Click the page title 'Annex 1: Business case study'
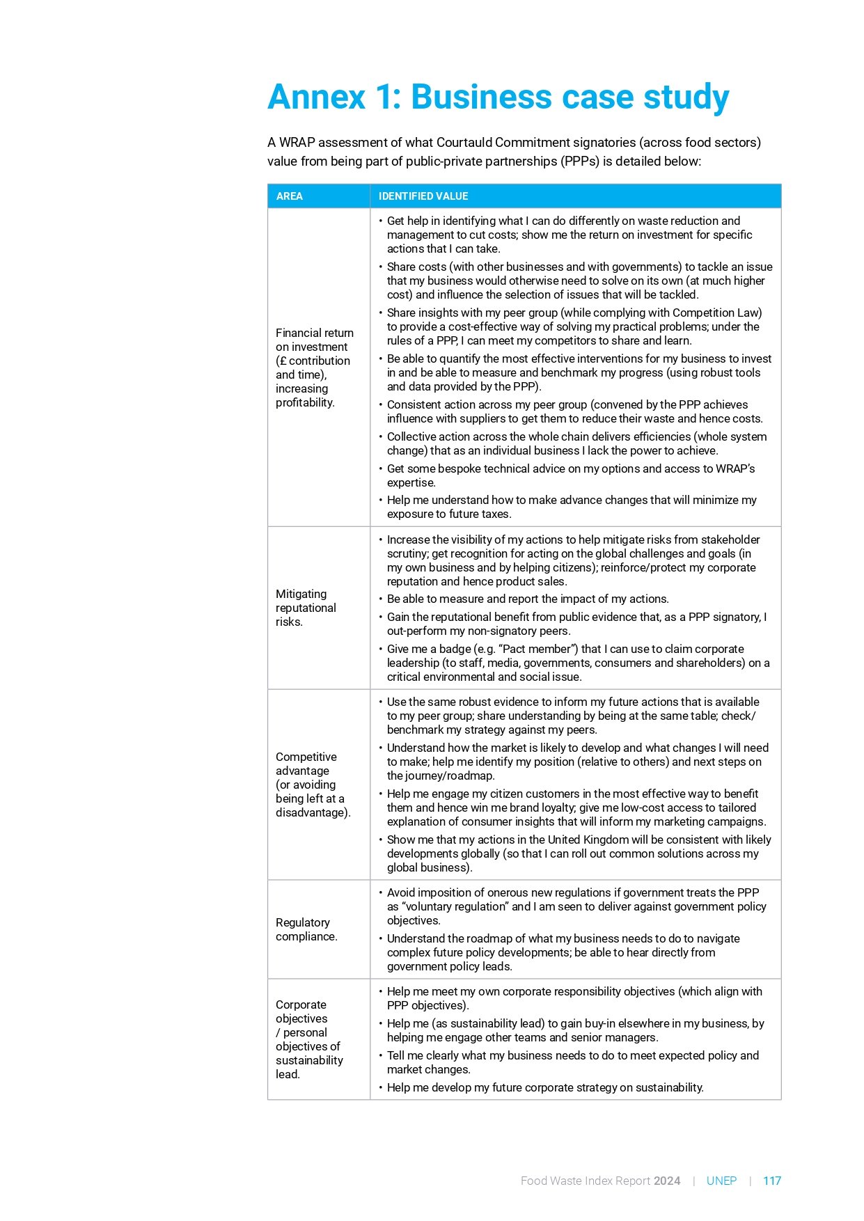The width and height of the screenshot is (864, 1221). [498, 97]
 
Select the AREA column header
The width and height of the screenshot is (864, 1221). [289, 196]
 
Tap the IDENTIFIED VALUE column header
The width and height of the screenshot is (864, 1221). [423, 196]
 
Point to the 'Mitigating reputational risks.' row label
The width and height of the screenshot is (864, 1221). [306, 608]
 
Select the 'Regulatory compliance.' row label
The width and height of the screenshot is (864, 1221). [306, 929]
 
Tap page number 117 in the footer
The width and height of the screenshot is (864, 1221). [771, 1181]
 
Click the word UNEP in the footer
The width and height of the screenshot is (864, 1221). [721, 1181]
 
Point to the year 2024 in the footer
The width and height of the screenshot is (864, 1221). [667, 1181]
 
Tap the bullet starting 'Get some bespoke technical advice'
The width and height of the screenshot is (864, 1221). [570, 475]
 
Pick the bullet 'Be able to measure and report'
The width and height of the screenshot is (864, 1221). [527, 599]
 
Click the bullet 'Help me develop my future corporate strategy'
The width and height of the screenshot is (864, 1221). [544, 1087]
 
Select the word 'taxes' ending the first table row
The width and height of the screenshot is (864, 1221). [495, 514]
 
